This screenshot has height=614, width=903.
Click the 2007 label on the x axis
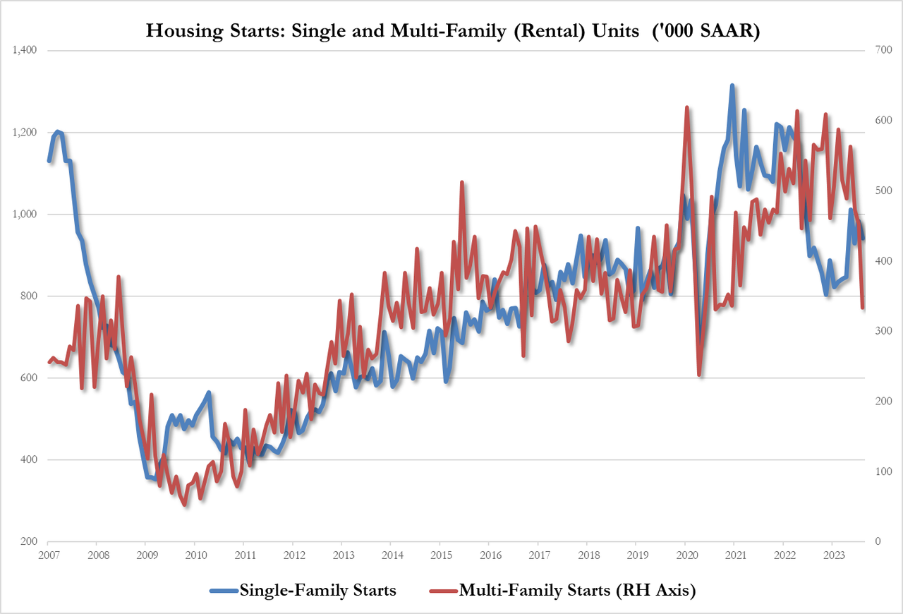48,555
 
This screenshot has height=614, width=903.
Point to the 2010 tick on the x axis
195,555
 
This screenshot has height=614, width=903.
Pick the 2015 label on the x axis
440,555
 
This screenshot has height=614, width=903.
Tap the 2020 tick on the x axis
684,555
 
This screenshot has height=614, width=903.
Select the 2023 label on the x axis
832,555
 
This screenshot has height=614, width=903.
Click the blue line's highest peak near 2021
732,85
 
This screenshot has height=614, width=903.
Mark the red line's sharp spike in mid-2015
462,182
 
